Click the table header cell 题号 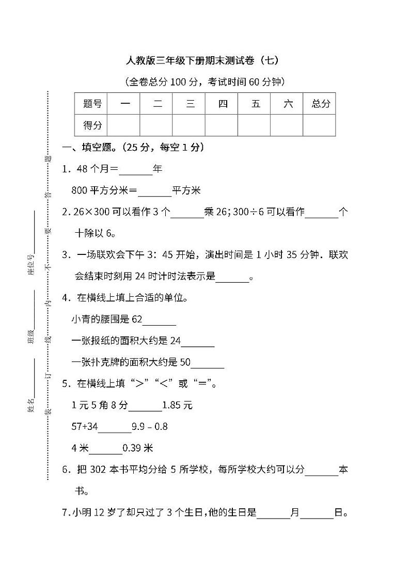92,104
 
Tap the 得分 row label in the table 92,125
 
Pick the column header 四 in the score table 223,104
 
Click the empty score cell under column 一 124,125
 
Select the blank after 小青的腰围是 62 159,320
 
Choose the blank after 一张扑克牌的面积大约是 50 207,363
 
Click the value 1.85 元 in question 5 177,406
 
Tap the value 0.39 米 138,448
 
